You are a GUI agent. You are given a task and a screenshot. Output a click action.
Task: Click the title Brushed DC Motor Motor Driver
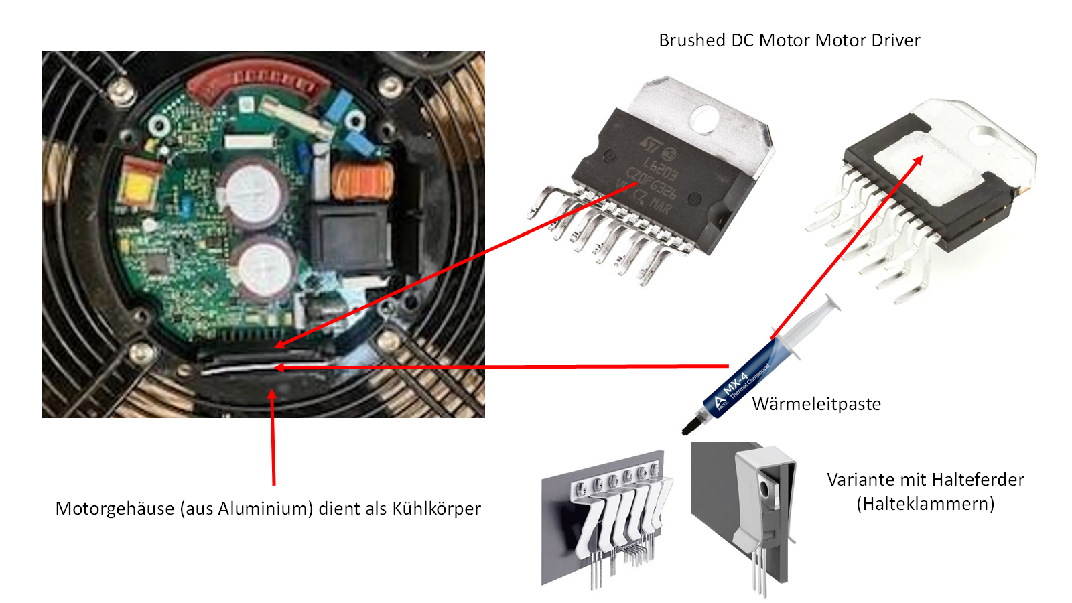coord(789,40)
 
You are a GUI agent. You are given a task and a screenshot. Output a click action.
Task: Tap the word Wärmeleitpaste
coord(816,404)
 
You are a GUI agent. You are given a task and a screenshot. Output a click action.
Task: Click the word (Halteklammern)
coord(925,504)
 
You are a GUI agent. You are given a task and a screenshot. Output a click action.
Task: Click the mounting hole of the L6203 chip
coord(704,120)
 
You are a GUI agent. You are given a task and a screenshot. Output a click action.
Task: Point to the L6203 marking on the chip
coord(660,167)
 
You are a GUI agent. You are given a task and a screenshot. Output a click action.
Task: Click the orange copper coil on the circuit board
coord(362,181)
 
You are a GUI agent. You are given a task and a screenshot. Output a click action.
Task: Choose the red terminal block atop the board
coord(257,80)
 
